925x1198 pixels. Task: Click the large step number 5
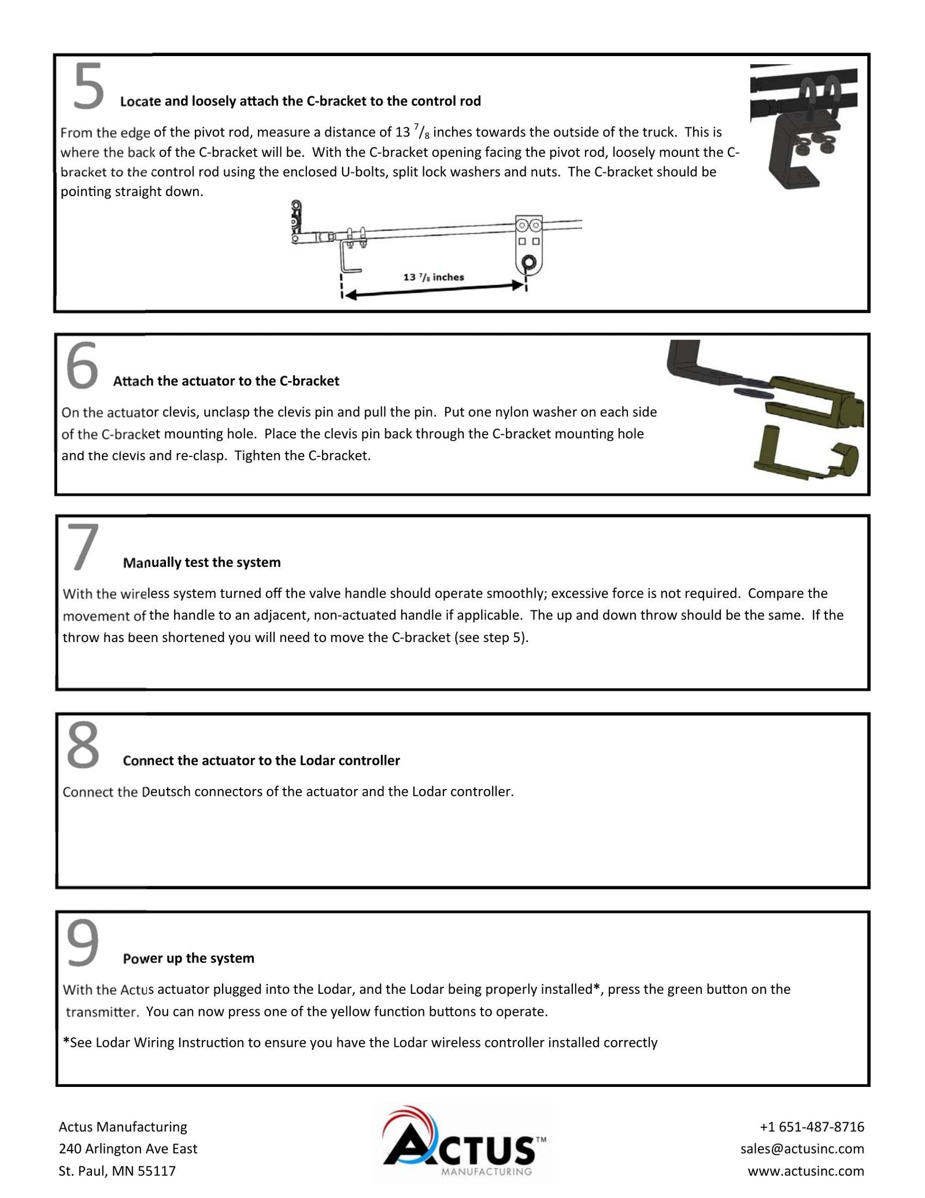pyautogui.click(x=88, y=87)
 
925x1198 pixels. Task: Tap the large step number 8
pyautogui.click(x=83, y=746)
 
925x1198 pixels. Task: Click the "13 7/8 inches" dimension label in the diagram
pyautogui.click(x=433, y=277)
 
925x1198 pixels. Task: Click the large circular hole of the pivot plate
pyautogui.click(x=528, y=263)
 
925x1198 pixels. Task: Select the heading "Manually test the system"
pyautogui.click(x=202, y=562)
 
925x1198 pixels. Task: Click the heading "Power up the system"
pyautogui.click(x=188, y=959)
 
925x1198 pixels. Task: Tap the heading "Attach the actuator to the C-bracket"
pyautogui.click(x=226, y=381)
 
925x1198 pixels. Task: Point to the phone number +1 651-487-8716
pyautogui.click(x=812, y=1127)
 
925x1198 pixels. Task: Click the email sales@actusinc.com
pyautogui.click(x=802, y=1149)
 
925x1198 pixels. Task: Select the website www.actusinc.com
pyautogui.click(x=806, y=1171)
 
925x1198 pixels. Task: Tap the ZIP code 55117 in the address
pyautogui.click(x=157, y=1171)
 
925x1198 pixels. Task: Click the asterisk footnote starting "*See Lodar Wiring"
pyautogui.click(x=360, y=1043)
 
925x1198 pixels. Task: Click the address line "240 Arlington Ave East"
pyautogui.click(x=128, y=1149)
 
